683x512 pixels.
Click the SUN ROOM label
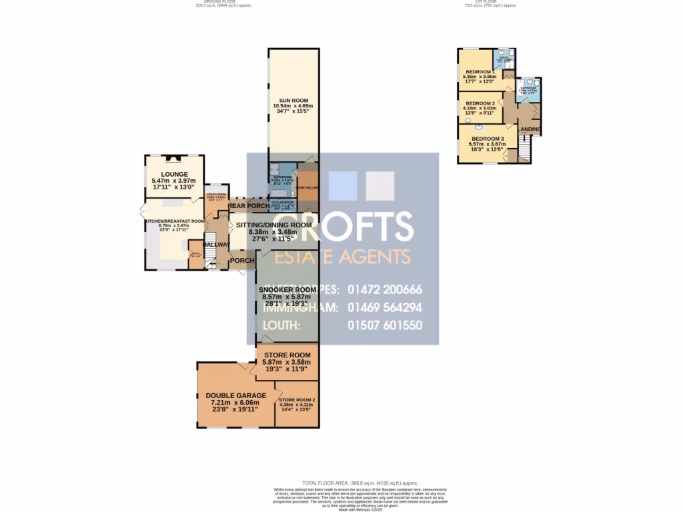coord(293,99)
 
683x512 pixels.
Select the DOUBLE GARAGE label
coord(235,395)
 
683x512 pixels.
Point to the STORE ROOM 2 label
coord(297,399)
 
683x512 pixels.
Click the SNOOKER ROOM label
coord(287,290)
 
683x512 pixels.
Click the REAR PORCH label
coord(249,206)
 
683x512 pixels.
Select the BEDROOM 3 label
coord(486,138)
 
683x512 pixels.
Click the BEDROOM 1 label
coord(480,71)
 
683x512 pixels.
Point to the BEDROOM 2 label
coord(480,103)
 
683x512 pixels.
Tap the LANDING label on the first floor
coord(531,129)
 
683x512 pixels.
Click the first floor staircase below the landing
coord(524,150)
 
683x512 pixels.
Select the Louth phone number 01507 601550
coord(385,326)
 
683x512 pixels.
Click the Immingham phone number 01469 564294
coord(385,308)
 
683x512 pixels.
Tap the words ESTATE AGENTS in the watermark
coord(344,257)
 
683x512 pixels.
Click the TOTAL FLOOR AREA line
coord(360,483)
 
